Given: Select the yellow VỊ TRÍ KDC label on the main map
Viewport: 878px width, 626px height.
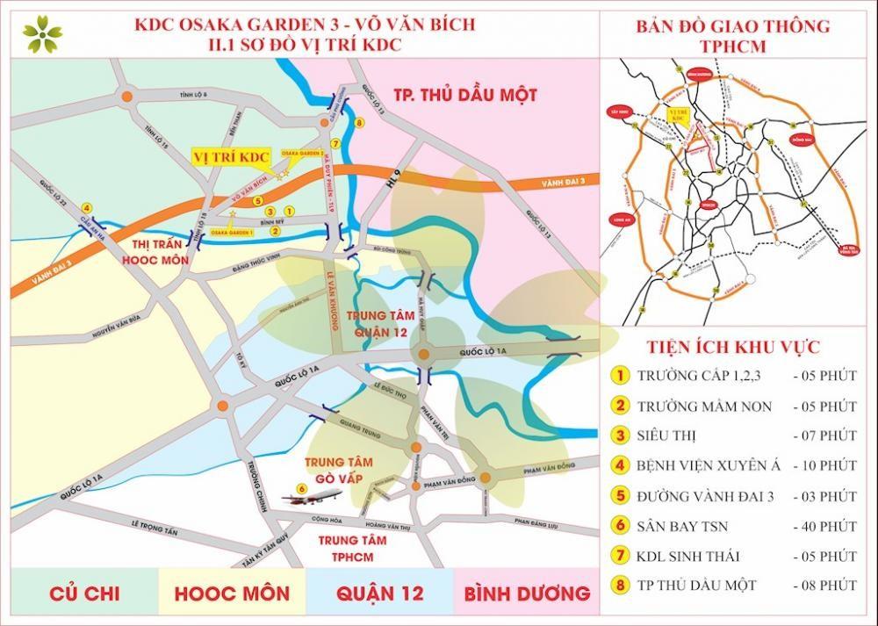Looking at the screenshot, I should tap(230, 155).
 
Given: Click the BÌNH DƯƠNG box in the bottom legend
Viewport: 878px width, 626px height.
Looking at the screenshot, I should tap(525, 594).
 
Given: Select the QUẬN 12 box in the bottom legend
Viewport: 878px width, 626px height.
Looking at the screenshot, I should tap(379, 594).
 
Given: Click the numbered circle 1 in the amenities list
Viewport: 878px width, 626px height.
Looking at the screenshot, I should tap(621, 376).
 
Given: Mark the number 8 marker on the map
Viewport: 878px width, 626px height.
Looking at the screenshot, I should tap(358, 123).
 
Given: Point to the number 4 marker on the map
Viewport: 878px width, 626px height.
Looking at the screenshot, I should tap(86, 207).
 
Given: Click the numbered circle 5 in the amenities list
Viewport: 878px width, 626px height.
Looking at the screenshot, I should tap(621, 496).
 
